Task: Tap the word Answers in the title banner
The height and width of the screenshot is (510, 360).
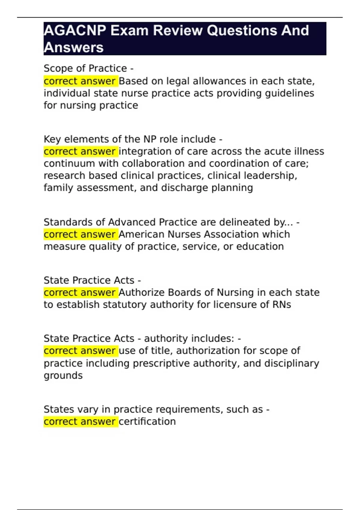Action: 74,48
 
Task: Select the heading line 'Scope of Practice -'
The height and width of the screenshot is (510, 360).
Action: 88,68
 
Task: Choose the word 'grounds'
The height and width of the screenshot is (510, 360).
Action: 63,376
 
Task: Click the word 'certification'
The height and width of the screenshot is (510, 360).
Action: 147,421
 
